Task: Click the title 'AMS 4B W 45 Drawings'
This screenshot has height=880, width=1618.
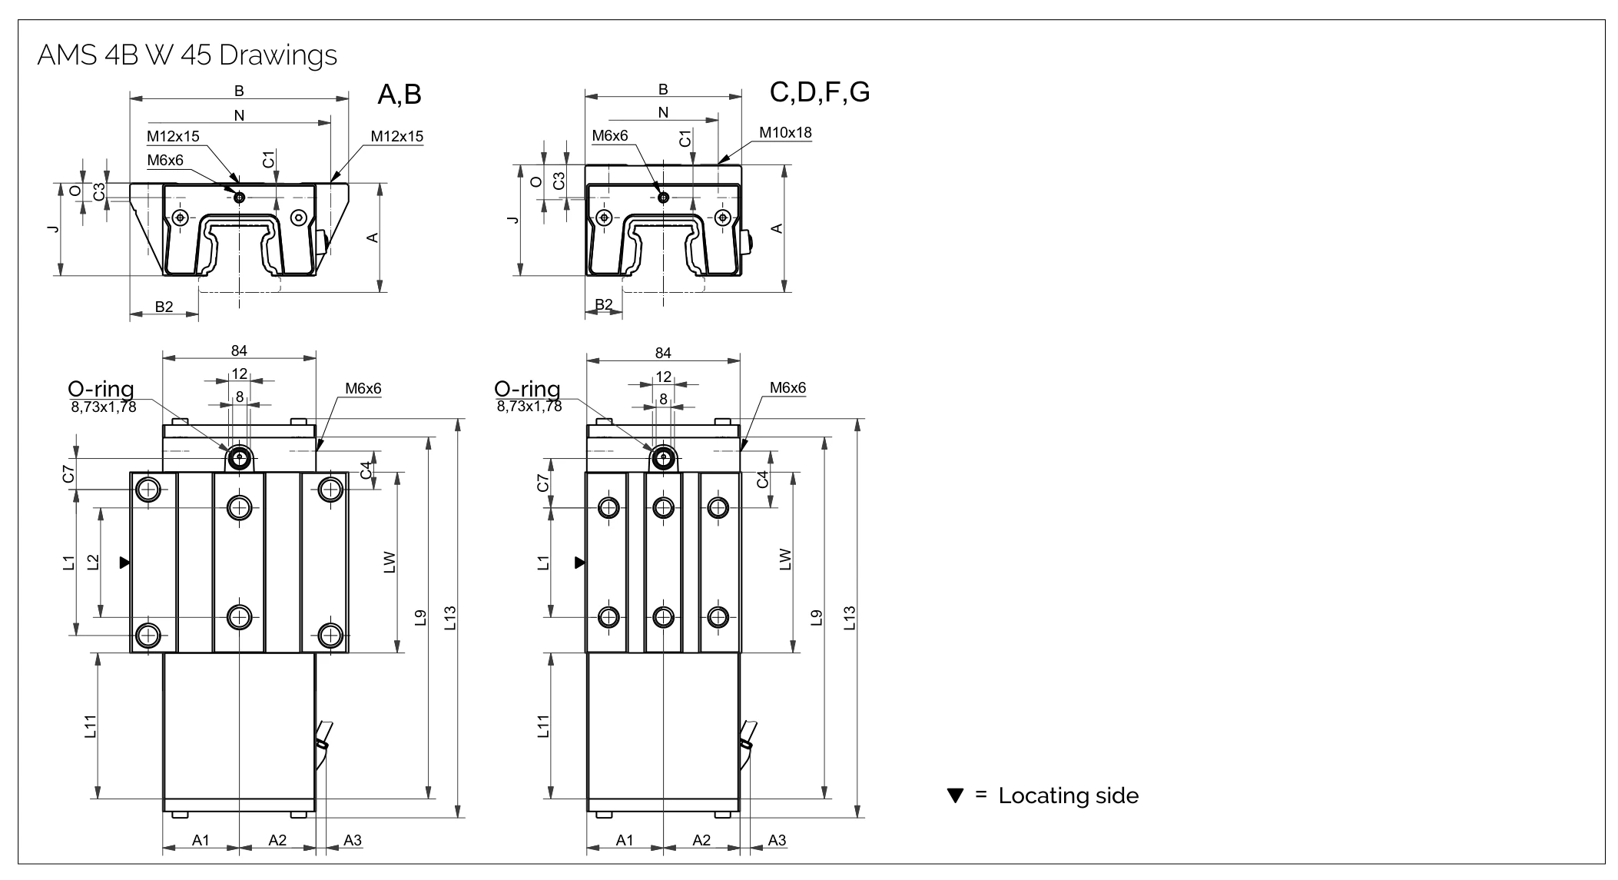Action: click(x=187, y=55)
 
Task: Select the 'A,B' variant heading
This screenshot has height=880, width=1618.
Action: click(x=400, y=95)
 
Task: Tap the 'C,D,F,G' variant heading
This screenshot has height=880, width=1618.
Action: click(x=820, y=92)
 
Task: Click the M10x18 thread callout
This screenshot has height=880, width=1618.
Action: click(x=785, y=132)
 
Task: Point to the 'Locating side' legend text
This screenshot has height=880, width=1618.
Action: click(x=1068, y=795)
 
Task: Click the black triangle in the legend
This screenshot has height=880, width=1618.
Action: click(x=955, y=795)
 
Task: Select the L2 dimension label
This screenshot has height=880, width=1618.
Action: click(x=93, y=562)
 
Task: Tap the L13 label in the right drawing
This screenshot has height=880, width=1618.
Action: click(x=849, y=618)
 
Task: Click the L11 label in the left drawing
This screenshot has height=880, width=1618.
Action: click(x=91, y=726)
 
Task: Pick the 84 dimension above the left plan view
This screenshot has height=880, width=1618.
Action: click(x=239, y=350)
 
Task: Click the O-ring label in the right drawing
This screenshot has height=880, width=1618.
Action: click(x=527, y=389)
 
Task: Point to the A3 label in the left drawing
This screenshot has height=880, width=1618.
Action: click(x=353, y=840)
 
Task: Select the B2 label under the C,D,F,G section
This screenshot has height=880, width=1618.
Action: click(x=604, y=304)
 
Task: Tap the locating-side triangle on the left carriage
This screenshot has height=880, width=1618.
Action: click(x=124, y=563)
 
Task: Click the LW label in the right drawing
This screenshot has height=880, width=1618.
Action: click(x=784, y=559)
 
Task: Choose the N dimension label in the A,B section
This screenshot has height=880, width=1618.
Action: click(x=239, y=115)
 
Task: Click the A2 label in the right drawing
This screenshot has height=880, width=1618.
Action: click(x=701, y=840)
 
